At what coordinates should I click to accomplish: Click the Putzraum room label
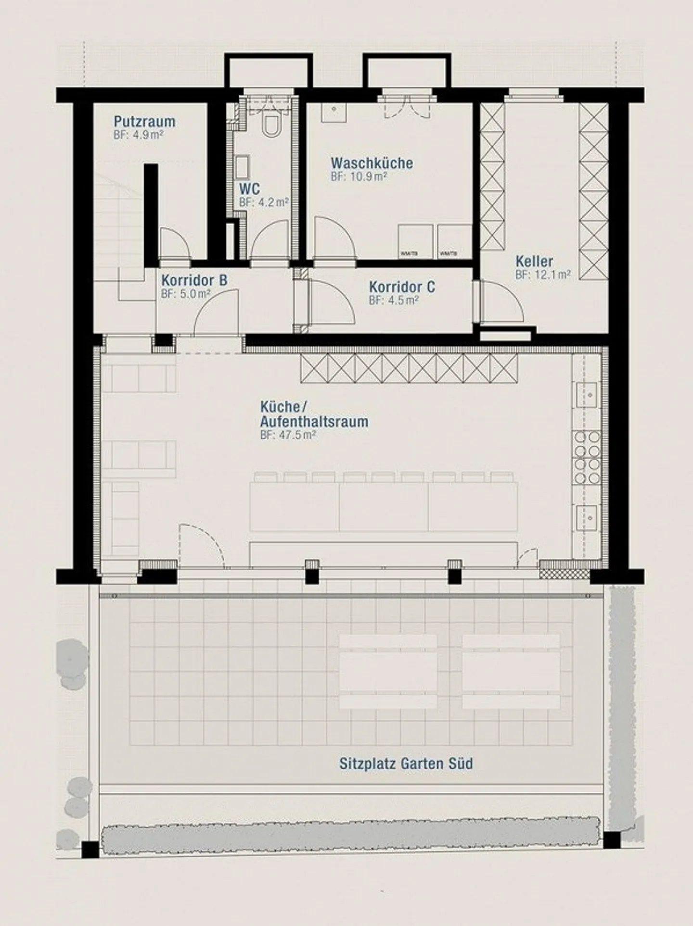point(144,122)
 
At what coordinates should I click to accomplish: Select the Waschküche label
point(372,163)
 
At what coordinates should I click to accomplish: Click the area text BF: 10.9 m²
point(359,176)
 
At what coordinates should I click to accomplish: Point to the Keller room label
point(534,262)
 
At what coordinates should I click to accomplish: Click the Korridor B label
point(194,280)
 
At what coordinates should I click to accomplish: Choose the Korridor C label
point(402,287)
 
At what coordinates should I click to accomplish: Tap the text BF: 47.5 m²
point(288,436)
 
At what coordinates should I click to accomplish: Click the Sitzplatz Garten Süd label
point(406,763)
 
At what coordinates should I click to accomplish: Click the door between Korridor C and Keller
point(500,303)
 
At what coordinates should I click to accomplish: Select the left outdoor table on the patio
point(388,671)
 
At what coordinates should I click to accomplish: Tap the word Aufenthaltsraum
point(314,422)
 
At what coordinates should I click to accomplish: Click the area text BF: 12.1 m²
point(543,275)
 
